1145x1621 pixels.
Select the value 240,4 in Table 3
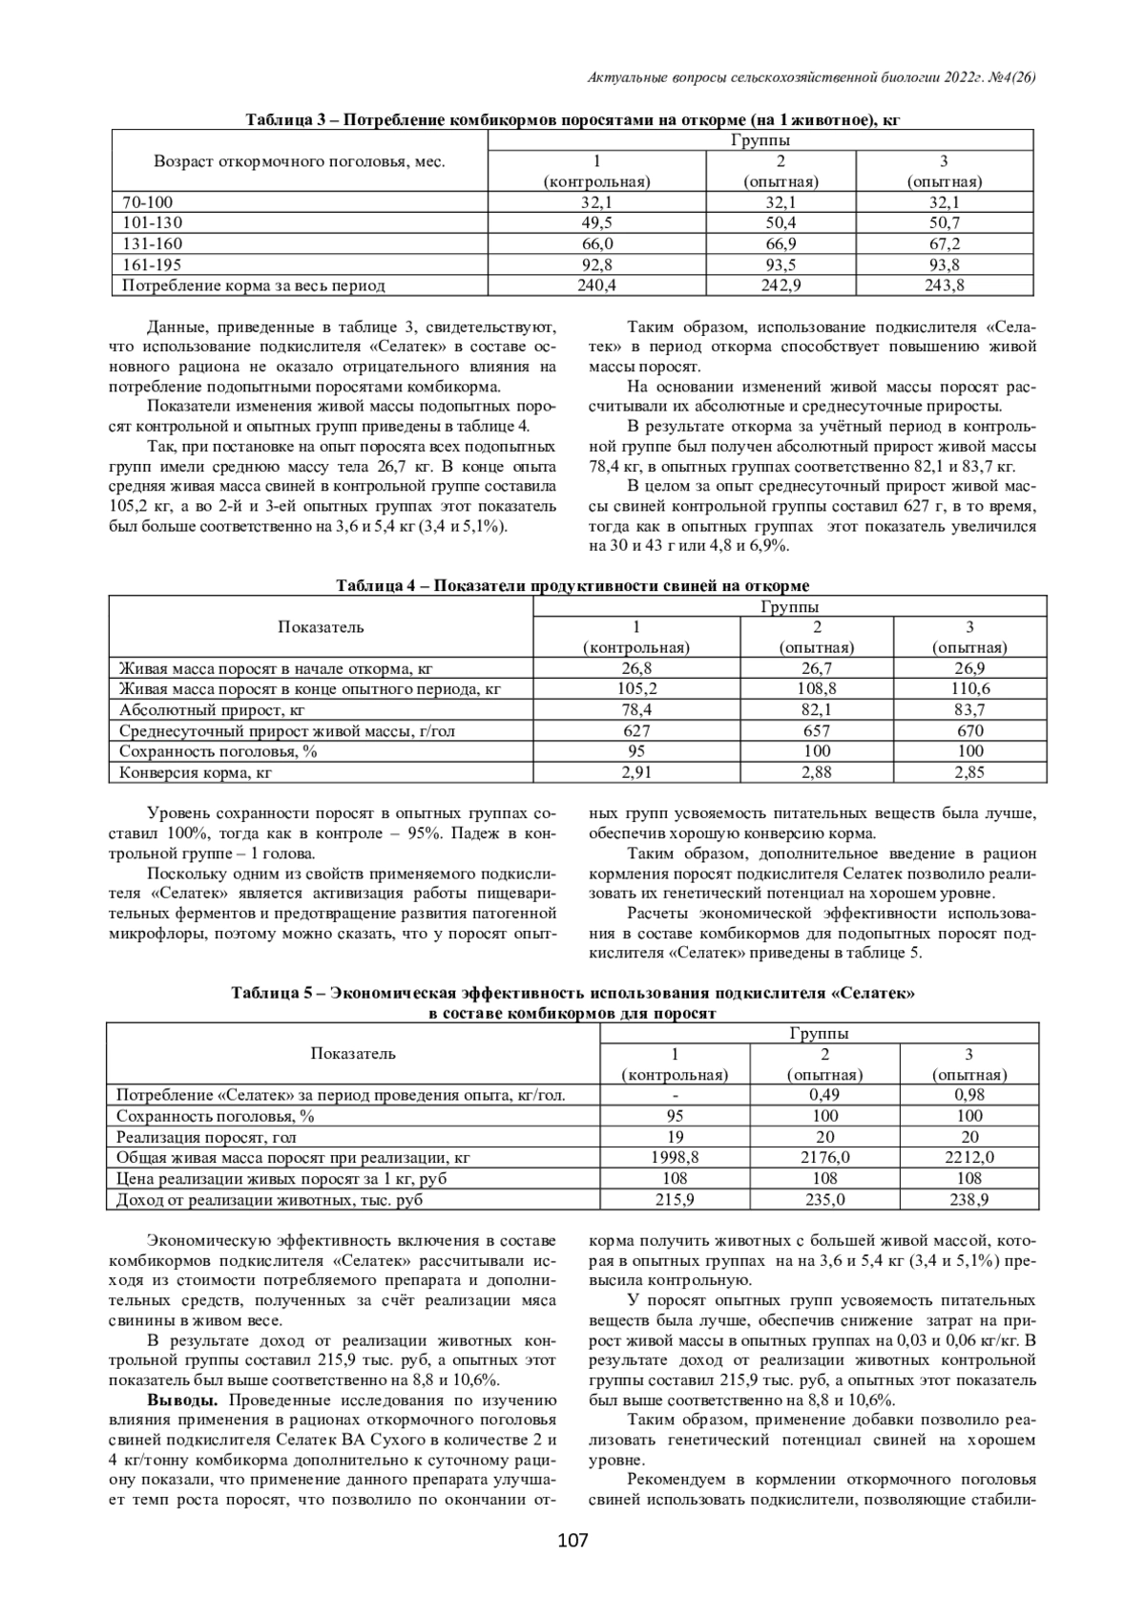(596, 284)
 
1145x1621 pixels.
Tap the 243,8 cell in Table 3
(944, 284)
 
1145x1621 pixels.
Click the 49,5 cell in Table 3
(596, 222)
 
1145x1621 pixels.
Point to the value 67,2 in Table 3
(944, 243)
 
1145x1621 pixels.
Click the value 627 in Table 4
(635, 730)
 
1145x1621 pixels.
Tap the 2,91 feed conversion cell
(635, 772)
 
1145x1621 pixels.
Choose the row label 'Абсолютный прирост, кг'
(212, 709)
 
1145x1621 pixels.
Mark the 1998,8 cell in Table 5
(675, 1157)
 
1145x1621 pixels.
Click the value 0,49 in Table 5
(825, 1095)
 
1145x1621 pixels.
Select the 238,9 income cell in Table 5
(969, 1199)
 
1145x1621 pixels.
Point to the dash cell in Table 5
(675, 1095)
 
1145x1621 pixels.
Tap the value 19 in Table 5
(675, 1137)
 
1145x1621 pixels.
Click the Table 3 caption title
(573, 120)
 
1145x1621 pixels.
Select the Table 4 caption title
(572, 585)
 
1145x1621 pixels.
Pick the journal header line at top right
(811, 75)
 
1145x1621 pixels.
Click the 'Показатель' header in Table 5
(353, 1054)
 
